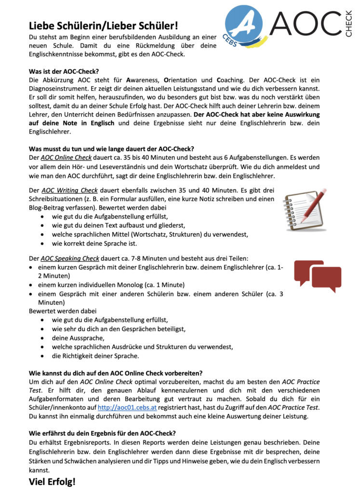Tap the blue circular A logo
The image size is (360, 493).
coord(246,24)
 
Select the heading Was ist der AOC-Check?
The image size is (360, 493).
coord(64,70)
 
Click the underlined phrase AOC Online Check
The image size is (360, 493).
coord(66,157)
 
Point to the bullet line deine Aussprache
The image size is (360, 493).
coord(74,338)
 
